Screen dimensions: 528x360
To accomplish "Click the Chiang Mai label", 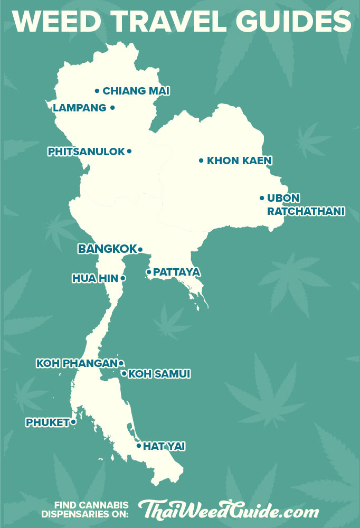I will [136, 91].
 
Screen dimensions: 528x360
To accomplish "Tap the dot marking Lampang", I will [112, 108].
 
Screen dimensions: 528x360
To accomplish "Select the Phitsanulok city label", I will [87, 152].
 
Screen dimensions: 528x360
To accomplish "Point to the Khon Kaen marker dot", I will [201, 161].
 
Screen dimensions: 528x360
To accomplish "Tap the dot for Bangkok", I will [140, 249].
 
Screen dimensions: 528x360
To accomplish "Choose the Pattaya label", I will [176, 272].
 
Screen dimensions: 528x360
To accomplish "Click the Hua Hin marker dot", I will [123, 278].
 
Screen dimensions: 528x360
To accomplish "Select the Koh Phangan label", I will [76, 363].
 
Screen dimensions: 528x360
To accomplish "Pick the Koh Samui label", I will [159, 374].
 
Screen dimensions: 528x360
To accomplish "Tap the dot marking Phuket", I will [73, 422].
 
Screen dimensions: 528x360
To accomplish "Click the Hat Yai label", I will [164, 446].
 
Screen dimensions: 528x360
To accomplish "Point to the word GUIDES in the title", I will [299, 22].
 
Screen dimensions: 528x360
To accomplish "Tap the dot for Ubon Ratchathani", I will [262, 198].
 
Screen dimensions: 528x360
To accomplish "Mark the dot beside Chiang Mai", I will [97, 91].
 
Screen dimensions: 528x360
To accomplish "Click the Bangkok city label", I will [107, 249].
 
